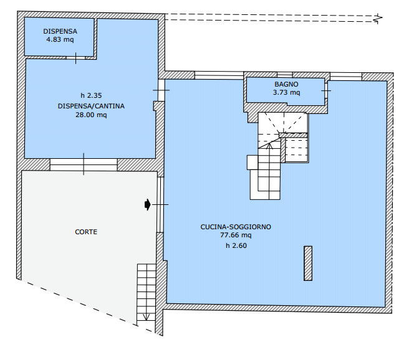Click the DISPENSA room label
tap(60, 31)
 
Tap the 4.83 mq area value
tap(60, 39)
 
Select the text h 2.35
tap(91, 95)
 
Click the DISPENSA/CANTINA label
tap(91, 106)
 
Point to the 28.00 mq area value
tap(91, 115)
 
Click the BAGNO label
tap(286, 84)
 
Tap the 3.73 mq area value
tap(286, 93)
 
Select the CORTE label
tap(86, 232)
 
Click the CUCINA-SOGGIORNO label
tap(236, 227)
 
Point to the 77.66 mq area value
tap(236, 235)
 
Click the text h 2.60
tap(236, 245)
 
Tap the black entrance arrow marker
tap(147, 205)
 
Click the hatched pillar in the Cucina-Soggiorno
tap(308, 263)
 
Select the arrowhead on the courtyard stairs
tap(146, 317)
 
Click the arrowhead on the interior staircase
tap(269, 146)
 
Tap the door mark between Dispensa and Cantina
tap(75, 58)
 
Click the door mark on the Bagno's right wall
tap(326, 91)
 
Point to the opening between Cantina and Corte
tap(84, 164)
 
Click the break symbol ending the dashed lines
tap(378, 19)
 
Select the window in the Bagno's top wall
tap(284, 75)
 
